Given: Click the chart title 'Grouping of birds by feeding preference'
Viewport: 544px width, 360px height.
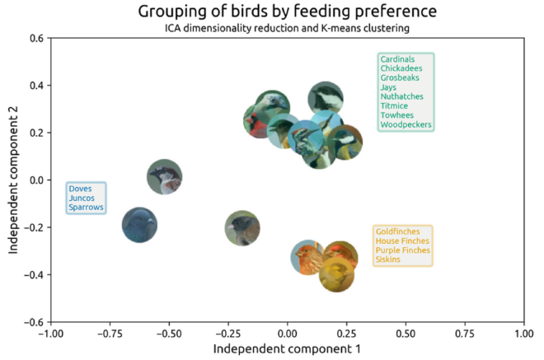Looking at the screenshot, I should point(286,12).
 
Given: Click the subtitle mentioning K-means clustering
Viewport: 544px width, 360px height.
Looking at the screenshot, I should point(286,29).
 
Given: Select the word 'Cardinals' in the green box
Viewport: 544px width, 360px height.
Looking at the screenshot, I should point(397,59).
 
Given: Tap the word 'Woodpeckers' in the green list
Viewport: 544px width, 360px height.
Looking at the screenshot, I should point(405,125).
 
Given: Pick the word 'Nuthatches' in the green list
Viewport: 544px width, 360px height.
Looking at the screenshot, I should point(401,96).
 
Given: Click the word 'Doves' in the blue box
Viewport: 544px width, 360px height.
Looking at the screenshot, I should point(81,189).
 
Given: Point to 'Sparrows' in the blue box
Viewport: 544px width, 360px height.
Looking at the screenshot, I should point(87,208).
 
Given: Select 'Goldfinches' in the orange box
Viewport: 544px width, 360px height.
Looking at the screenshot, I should point(398,231).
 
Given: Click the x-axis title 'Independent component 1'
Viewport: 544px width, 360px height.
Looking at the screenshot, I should point(286,349).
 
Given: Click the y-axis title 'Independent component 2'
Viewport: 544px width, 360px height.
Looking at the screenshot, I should point(15,180).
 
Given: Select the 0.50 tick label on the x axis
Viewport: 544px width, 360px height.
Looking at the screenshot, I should point(405,334).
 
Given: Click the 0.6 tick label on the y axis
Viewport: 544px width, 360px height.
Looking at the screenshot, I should point(35,38).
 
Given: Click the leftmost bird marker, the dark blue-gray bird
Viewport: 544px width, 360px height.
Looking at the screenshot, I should point(139,224).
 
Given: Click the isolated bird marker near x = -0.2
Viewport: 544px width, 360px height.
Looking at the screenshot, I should point(242,228).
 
